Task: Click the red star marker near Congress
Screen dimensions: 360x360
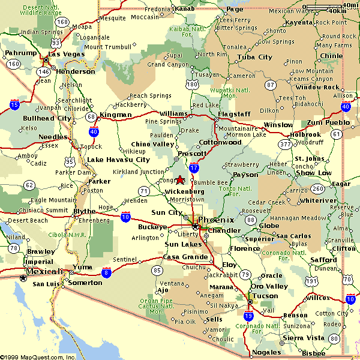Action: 179,179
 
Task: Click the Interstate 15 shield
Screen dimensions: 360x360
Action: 14,105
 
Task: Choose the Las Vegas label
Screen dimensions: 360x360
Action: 64,54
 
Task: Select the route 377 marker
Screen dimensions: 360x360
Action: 284,144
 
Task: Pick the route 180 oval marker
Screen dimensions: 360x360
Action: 192,85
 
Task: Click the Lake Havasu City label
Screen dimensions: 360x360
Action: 118,160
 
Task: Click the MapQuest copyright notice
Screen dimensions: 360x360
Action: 38,356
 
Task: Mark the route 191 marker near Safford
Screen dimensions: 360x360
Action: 311,281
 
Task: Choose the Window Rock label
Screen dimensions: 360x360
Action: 317,87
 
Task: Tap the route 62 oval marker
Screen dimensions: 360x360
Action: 29,185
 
